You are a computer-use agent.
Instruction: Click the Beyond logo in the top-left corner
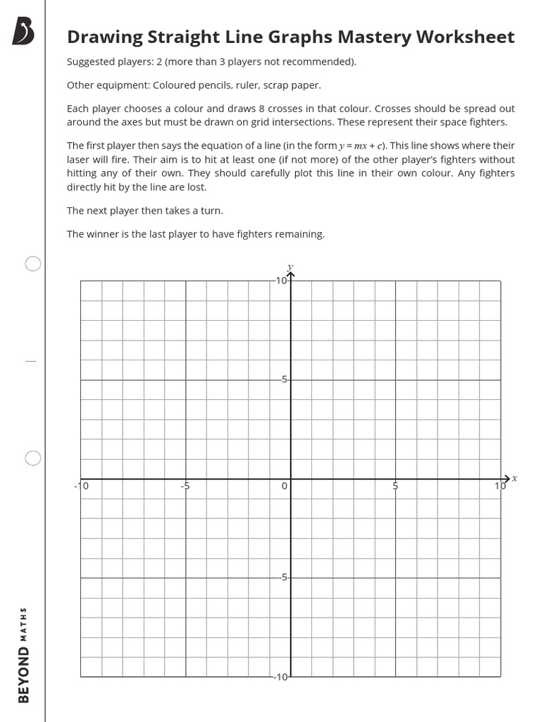pos(23,32)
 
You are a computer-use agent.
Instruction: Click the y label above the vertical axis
pos(290,267)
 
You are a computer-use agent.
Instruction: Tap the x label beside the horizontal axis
pos(514,478)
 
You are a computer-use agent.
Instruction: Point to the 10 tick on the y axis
pos(281,281)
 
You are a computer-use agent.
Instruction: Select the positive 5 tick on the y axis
pos(284,379)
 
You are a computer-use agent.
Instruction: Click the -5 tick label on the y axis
pos(282,577)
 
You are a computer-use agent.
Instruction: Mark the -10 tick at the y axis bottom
pos(280,677)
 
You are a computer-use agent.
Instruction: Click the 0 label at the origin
pos(285,486)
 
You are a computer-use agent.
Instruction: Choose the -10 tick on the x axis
pos(82,486)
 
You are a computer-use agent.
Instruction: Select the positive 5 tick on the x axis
pos(395,486)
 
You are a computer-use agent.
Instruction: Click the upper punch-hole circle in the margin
pos(33,264)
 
